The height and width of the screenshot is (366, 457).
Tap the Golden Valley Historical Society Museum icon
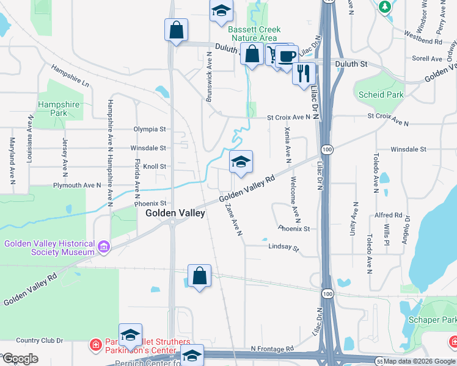coord(104,247)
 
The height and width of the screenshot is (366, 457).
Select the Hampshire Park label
coord(59,109)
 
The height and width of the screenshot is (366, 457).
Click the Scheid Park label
coord(381,95)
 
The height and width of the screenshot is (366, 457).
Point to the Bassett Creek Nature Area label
coord(254,34)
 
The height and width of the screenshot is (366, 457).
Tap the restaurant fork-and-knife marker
coord(304,74)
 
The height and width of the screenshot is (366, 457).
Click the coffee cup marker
coord(286,56)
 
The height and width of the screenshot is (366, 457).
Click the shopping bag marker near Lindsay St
coord(199,276)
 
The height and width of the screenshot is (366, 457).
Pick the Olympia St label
coord(150,129)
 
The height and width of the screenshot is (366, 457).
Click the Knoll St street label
coord(155,166)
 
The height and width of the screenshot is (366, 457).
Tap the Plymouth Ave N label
coord(77,185)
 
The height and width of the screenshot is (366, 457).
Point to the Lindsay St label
coord(284,247)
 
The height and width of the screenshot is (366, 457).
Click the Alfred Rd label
coord(389,215)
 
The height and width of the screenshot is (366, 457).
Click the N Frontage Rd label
coord(272,349)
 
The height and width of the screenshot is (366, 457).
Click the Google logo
coord(20,359)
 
